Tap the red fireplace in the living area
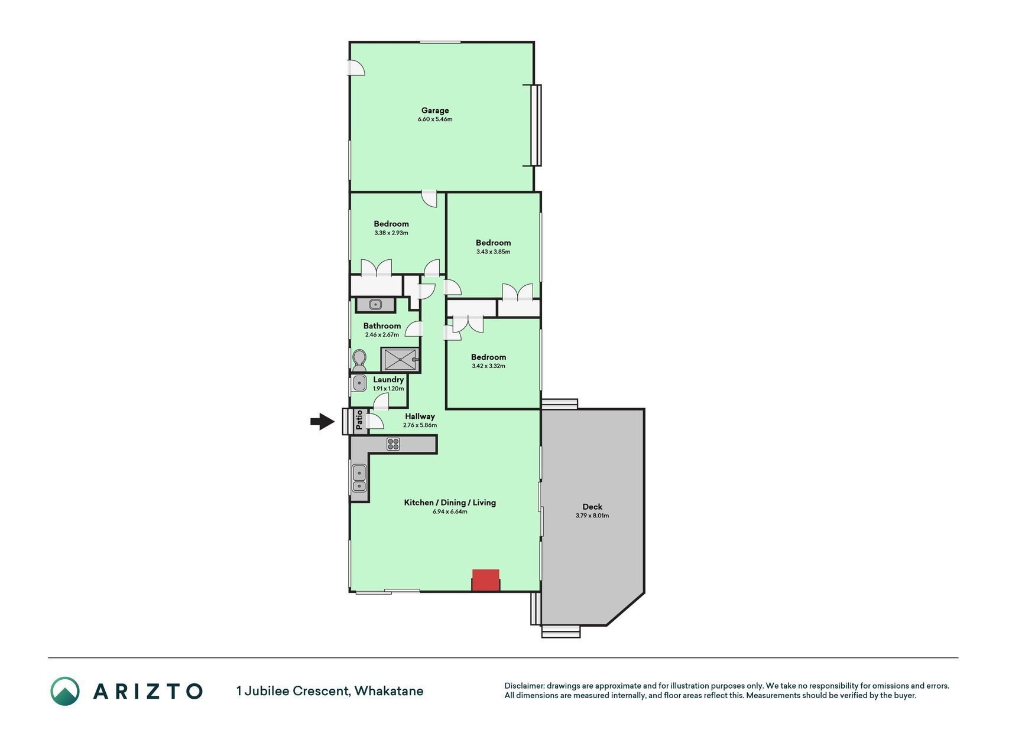pyautogui.click(x=486, y=580)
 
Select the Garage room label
pyautogui.click(x=435, y=110)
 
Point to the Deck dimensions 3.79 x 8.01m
pyautogui.click(x=592, y=516)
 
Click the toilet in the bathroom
pyautogui.click(x=359, y=360)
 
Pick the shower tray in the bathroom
pyautogui.click(x=400, y=359)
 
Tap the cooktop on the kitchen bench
pyautogui.click(x=394, y=444)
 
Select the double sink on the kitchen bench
pyautogui.click(x=359, y=478)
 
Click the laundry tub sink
pyautogui.click(x=359, y=383)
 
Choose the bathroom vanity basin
pyautogui.click(x=375, y=305)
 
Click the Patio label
pyautogui.click(x=359, y=420)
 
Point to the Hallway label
pyautogui.click(x=420, y=416)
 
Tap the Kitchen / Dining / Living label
pyautogui.click(x=450, y=503)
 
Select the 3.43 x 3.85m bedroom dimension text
pyautogui.click(x=493, y=252)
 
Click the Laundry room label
pyautogui.click(x=388, y=380)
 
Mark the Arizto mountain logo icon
pyautogui.click(x=65, y=691)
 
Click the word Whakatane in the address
pyautogui.click(x=389, y=691)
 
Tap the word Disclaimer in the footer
pyautogui.click(x=524, y=686)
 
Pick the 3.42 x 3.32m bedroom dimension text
pyautogui.click(x=488, y=366)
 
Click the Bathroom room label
pyautogui.click(x=382, y=326)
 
